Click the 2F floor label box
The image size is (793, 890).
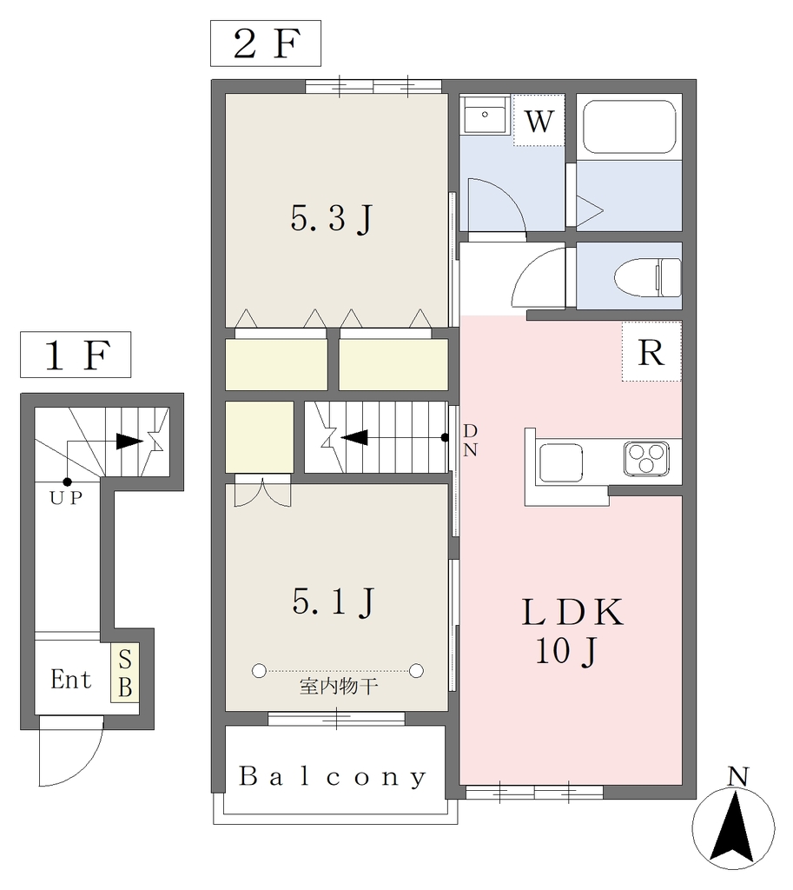266,43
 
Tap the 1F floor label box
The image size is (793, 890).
76,355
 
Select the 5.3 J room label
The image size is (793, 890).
332,218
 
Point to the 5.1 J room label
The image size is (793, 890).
333,601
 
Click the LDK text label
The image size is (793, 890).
572,613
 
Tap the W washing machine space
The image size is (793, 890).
539,120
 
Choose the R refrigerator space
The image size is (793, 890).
651,352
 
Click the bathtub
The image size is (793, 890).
629,127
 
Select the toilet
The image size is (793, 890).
648,277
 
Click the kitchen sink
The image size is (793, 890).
561,462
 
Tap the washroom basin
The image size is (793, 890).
485,116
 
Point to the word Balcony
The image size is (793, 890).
333,776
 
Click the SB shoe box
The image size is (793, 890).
125,674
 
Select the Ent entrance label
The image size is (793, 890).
71,680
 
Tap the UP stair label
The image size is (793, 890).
66,498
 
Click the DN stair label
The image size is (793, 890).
470,441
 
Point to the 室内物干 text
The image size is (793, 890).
339,687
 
